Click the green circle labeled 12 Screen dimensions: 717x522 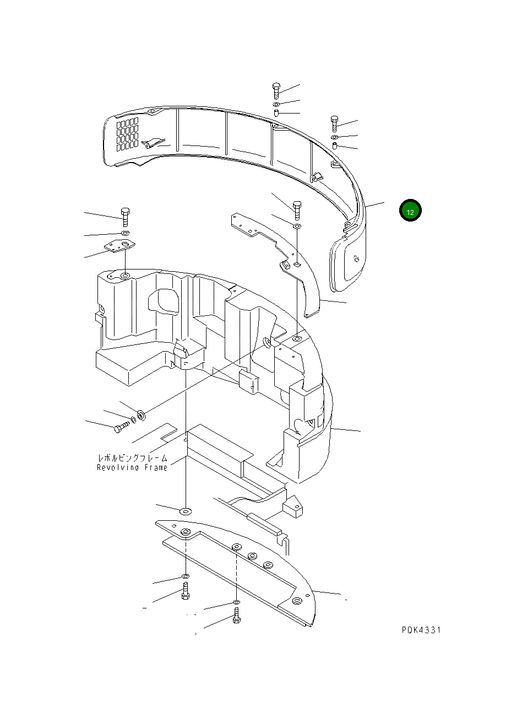tap(410, 211)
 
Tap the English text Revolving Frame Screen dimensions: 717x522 tap(132, 468)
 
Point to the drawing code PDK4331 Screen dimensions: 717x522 tap(421, 630)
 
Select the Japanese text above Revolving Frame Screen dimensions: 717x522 tap(132, 458)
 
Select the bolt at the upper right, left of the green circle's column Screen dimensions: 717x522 tap(334, 123)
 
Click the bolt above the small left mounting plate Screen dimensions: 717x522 tap(124, 217)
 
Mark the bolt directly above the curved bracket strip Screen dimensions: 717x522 tap(297, 209)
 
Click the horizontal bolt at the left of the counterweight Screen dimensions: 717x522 tap(120, 427)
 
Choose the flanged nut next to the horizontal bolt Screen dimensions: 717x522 tap(140, 414)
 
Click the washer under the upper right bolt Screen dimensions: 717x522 tap(334, 136)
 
